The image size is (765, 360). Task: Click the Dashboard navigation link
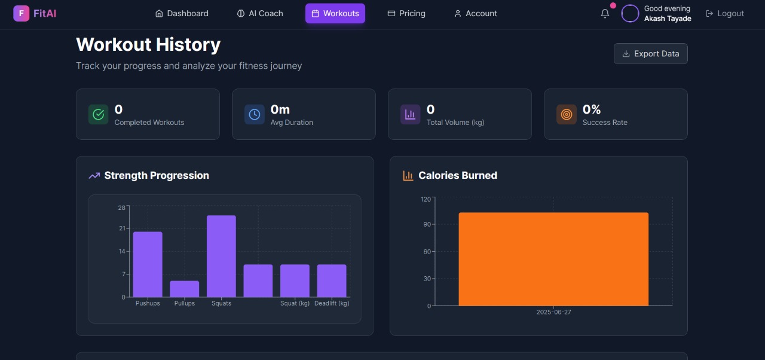pos(182,13)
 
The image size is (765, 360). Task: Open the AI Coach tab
pos(260,13)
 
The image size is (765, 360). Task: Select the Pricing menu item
pos(406,13)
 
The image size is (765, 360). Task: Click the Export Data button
pos(650,54)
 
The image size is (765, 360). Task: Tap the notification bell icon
pos(605,13)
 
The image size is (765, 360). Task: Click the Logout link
pos(725,13)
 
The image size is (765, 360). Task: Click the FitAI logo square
pos(21,13)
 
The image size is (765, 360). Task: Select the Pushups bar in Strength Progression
pos(148,264)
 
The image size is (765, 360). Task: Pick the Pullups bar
pos(185,289)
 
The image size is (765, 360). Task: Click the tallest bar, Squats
pos(221,256)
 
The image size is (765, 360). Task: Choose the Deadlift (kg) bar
pos(332,280)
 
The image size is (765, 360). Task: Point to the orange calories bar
pos(553,259)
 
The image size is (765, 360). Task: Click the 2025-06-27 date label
pos(553,312)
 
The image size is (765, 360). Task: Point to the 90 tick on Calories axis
pos(427,224)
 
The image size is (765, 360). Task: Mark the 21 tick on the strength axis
pos(123,228)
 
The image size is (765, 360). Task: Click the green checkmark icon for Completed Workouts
pos(99,114)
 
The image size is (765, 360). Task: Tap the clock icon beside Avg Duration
pos(255,114)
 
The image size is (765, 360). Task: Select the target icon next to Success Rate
pos(567,114)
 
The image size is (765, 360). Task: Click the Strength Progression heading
pos(157,175)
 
